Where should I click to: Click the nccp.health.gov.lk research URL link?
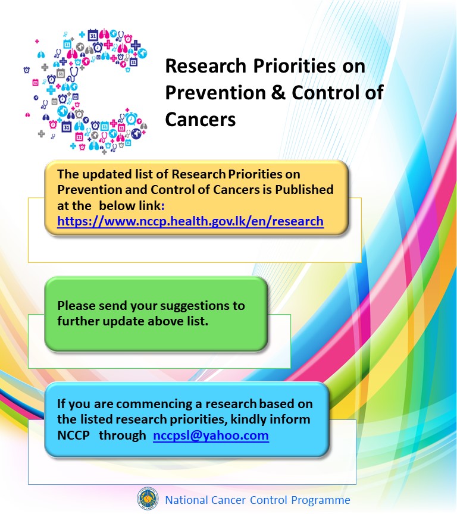[x=190, y=221]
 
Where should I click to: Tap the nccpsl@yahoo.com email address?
[x=211, y=435]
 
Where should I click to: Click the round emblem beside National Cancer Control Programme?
[x=148, y=499]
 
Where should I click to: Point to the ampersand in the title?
[x=271, y=93]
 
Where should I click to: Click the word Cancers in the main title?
[x=201, y=120]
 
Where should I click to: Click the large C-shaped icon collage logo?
[x=83, y=89]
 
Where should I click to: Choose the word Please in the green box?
[x=78, y=306]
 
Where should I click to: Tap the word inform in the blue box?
[x=289, y=420]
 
